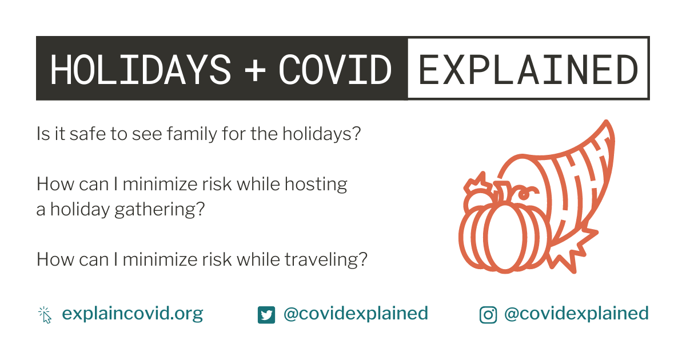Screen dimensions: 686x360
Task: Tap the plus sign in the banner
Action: pyautogui.click(x=255, y=70)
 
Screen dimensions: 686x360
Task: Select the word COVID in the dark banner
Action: pyautogui.click(x=335, y=69)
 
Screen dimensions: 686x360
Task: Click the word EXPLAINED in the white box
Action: pyautogui.click(x=528, y=69)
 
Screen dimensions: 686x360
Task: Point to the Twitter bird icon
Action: pyautogui.click(x=266, y=315)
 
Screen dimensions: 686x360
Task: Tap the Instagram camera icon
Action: pyautogui.click(x=488, y=315)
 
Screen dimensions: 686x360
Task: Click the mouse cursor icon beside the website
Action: pyautogui.click(x=45, y=315)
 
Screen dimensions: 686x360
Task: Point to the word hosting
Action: pyautogui.click(x=316, y=185)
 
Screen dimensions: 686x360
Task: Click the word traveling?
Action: pyautogui.click(x=326, y=260)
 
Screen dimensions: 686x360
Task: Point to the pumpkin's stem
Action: pyautogui.click(x=502, y=191)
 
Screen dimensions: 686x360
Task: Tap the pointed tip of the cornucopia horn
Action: pyautogui.click(x=607, y=122)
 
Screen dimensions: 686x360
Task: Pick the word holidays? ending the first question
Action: pyautogui.click(x=321, y=134)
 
